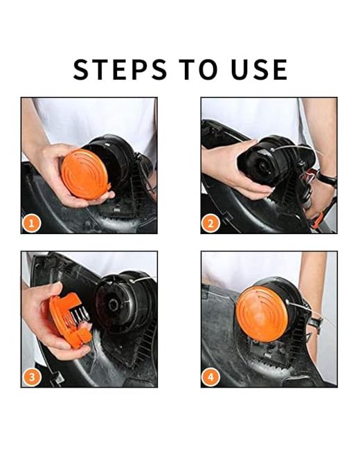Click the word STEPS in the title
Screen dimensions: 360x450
point(120,69)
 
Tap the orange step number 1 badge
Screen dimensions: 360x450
point(32,223)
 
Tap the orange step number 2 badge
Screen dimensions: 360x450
point(210,224)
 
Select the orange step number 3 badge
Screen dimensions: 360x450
point(32,377)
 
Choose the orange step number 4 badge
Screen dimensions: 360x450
point(210,377)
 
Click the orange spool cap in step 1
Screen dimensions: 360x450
point(85,174)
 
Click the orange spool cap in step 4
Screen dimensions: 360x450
point(262,314)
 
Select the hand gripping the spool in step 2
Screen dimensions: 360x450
point(236,170)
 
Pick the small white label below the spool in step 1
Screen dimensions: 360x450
point(117,210)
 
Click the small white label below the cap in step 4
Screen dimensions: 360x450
point(267,356)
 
